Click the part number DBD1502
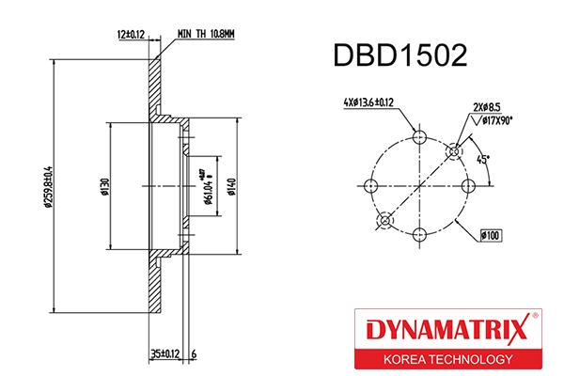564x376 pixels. pos(400,57)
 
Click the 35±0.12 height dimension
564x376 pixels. pos(164,354)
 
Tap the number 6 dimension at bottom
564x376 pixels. pos(193,354)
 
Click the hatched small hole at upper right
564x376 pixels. pos(453,150)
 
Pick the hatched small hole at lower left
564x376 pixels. pos(384,220)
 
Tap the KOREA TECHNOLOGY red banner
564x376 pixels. pos(447,360)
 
